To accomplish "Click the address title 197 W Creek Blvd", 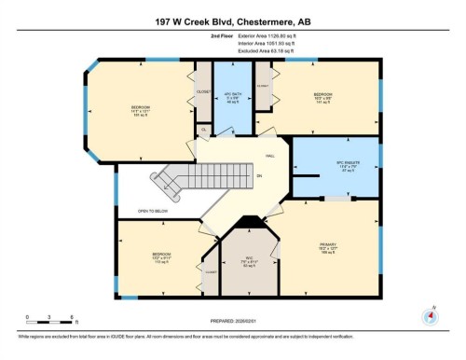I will (x=232, y=18).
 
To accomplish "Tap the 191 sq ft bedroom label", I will (x=141, y=113).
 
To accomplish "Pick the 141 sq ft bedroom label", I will (x=322, y=98).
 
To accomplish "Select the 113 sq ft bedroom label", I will (x=161, y=257).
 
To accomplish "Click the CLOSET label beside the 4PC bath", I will (x=202, y=92).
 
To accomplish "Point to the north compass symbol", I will (x=430, y=314).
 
